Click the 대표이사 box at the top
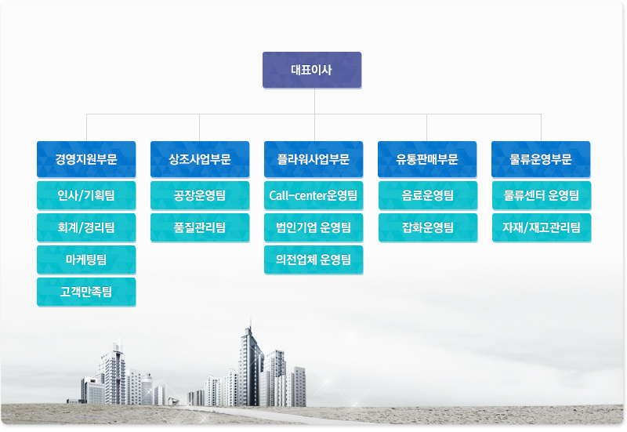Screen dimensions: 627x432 click(312, 70)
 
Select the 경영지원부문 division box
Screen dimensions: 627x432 click(86, 159)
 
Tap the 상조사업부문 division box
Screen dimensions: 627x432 click(200, 159)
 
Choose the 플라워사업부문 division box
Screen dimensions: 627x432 click(313, 159)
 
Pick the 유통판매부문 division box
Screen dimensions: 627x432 click(427, 159)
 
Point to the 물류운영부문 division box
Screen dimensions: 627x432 click(541, 159)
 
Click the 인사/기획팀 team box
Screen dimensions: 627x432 click(86, 195)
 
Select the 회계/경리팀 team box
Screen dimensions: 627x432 click(86, 227)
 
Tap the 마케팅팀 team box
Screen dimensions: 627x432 click(86, 260)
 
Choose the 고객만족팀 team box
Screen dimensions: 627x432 click(86, 292)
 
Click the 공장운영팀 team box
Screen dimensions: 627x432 click(200, 195)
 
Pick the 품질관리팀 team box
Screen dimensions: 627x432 click(200, 227)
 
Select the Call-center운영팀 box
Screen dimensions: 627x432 click(313, 195)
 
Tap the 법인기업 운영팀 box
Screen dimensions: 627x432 click(313, 227)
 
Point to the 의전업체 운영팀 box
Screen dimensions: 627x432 click(313, 260)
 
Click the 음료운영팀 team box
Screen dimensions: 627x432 click(428, 195)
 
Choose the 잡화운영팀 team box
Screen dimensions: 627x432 click(428, 227)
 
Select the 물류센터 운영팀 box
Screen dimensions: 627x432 click(542, 195)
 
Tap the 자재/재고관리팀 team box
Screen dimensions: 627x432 click(542, 227)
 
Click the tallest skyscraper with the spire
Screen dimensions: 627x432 click(251, 368)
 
